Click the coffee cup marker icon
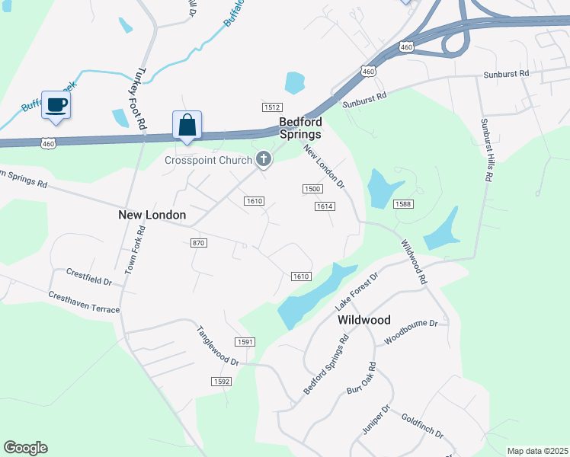click(56, 104)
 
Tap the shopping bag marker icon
click(187, 125)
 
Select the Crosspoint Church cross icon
click(264, 159)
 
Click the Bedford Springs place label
click(300, 128)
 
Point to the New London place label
click(152, 216)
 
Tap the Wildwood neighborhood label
click(364, 321)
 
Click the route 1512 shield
click(272, 107)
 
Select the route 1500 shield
click(311, 189)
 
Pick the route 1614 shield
click(325, 206)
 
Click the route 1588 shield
click(403, 204)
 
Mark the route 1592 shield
click(222, 381)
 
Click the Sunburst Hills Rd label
click(485, 149)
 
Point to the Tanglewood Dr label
click(218, 346)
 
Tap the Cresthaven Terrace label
click(84, 302)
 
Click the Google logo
click(25, 448)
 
